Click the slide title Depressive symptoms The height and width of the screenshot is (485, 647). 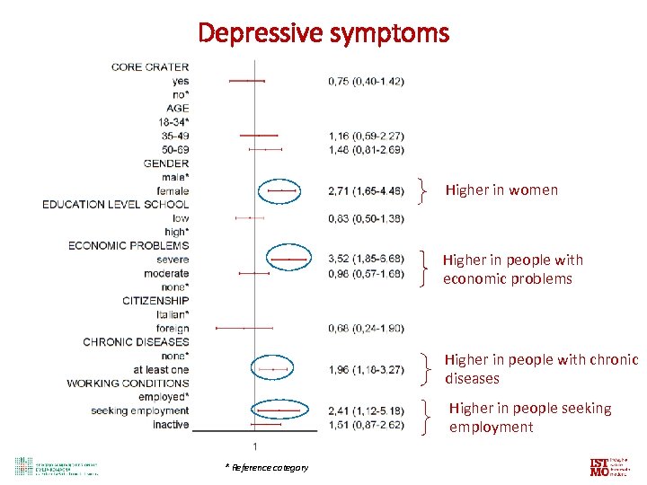tap(323, 33)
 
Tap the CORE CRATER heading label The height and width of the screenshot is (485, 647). tap(150, 67)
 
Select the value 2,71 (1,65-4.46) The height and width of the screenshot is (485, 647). tap(366, 191)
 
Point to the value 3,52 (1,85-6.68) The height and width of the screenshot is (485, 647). tap(366, 260)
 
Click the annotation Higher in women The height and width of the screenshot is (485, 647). tap(501, 190)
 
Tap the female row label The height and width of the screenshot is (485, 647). tap(173, 191)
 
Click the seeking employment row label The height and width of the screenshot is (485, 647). tap(140, 411)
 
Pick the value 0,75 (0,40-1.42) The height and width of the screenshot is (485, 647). tap(366, 81)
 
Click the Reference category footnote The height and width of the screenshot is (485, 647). tap(267, 467)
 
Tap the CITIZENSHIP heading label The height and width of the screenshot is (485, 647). tap(155, 301)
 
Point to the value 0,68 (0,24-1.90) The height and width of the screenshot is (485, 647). tap(366, 328)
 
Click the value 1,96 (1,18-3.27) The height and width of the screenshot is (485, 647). tap(366, 369)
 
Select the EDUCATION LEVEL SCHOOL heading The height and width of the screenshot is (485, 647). tap(116, 205)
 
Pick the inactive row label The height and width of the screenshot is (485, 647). tap(171, 425)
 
